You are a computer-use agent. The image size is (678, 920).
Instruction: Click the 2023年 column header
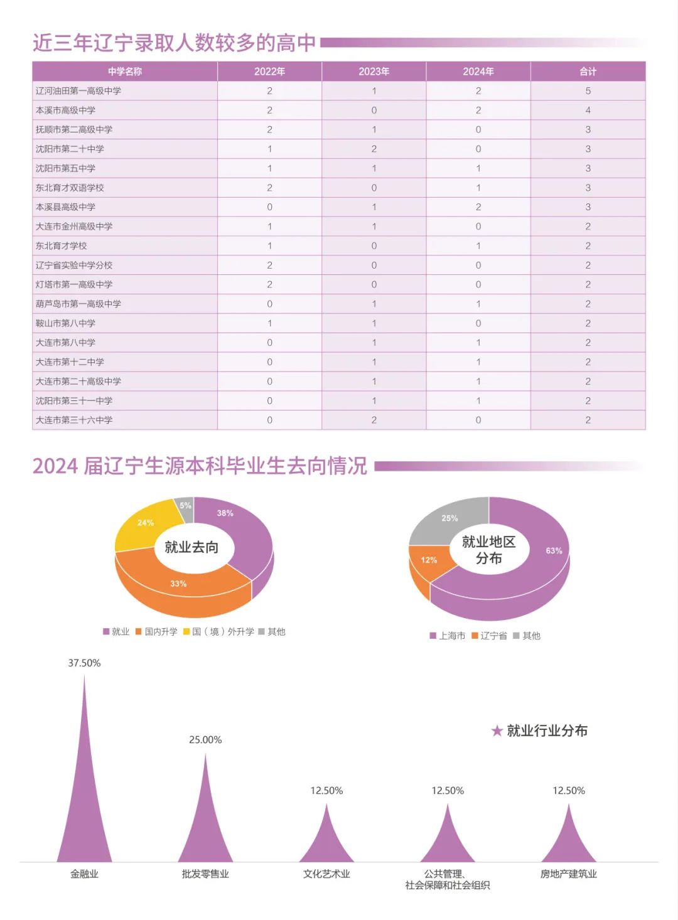pos(374,72)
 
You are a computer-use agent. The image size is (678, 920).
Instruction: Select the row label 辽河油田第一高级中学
pos(78,91)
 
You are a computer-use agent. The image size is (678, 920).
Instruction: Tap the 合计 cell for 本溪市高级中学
pos(588,110)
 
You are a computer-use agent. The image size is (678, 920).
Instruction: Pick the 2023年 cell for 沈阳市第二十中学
pos(374,149)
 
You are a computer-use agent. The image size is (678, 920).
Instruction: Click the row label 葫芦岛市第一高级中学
pos(78,304)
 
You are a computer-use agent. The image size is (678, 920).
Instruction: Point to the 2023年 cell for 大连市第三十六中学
pos(374,420)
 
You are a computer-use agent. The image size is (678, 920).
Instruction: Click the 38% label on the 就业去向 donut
pos(225,513)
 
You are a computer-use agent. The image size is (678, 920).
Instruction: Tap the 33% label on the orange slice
pos(178,584)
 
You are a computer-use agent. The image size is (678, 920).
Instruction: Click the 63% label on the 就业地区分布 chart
pos(554,551)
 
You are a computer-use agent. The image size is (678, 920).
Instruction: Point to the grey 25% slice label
pos(449,518)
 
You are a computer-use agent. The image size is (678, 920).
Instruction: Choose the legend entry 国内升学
pos(161,631)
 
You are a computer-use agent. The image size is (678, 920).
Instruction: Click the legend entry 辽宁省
pos(493,636)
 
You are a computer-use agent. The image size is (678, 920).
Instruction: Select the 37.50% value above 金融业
pos(84,663)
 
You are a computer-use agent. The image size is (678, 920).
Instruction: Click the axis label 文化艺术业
pos(326,874)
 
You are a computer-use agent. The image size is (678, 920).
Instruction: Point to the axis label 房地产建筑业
pos(568,874)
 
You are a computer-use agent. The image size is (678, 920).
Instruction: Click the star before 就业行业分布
pos(497,731)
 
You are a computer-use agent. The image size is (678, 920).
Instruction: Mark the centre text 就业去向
pos(191,547)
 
